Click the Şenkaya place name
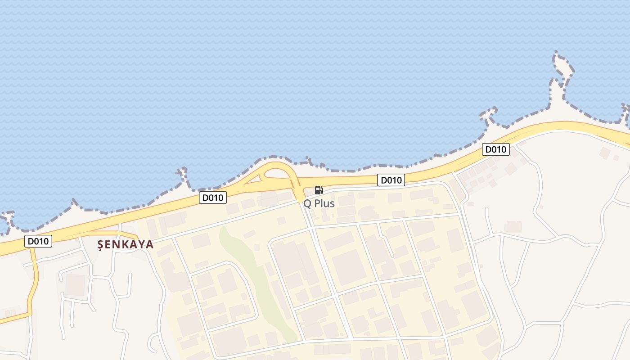coord(126,244)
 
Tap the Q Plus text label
coord(319,203)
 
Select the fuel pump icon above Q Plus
coord(319,190)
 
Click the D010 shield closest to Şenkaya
coord(38,241)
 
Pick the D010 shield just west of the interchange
coord(213,197)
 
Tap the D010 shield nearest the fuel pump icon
coord(391,180)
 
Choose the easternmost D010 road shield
coord(495,149)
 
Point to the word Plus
coord(324,203)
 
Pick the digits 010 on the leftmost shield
coord(41,241)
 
